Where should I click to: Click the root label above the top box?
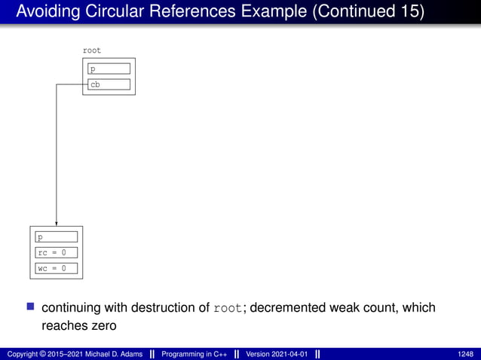pos(91,50)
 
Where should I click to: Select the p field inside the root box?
pos(109,69)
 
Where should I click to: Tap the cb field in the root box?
pos(109,84)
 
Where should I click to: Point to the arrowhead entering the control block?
pos(57,222)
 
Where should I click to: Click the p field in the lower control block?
pos(57,237)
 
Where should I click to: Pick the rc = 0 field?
pos(57,252)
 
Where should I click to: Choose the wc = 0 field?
pos(57,268)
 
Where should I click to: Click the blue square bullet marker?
pos(31,307)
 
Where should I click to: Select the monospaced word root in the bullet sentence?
pos(228,309)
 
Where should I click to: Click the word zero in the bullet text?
pos(103,325)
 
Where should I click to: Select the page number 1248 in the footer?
pos(465,353)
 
